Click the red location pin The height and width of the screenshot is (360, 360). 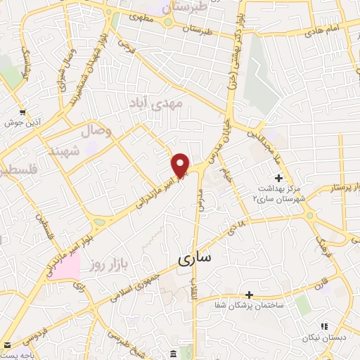(181, 165)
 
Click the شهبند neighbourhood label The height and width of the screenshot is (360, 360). (65, 151)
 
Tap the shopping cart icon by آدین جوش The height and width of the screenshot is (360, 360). (23, 112)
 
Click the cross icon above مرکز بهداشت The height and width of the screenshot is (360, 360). (279, 177)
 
